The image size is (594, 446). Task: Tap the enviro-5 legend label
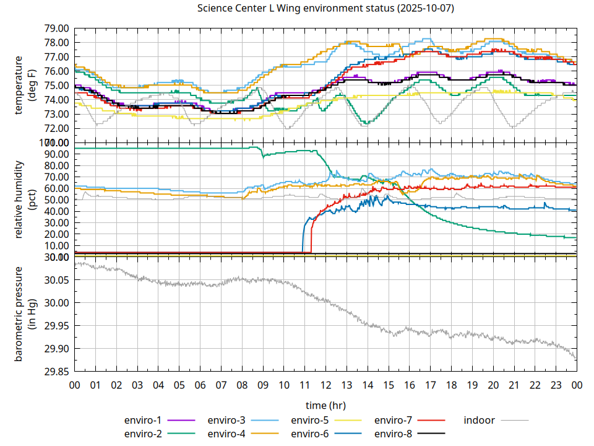pyautogui.click(x=310, y=420)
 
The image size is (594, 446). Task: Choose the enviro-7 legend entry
pyautogui.click(x=394, y=420)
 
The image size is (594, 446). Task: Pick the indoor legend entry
pyautogui.click(x=480, y=420)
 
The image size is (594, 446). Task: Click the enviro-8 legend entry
pyautogui.click(x=394, y=433)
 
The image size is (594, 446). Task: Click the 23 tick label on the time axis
pyautogui.click(x=556, y=385)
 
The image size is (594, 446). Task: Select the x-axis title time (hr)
pyautogui.click(x=325, y=405)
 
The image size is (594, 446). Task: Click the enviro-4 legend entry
pyautogui.click(x=226, y=433)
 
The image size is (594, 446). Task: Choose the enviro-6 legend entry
pyautogui.click(x=310, y=433)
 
